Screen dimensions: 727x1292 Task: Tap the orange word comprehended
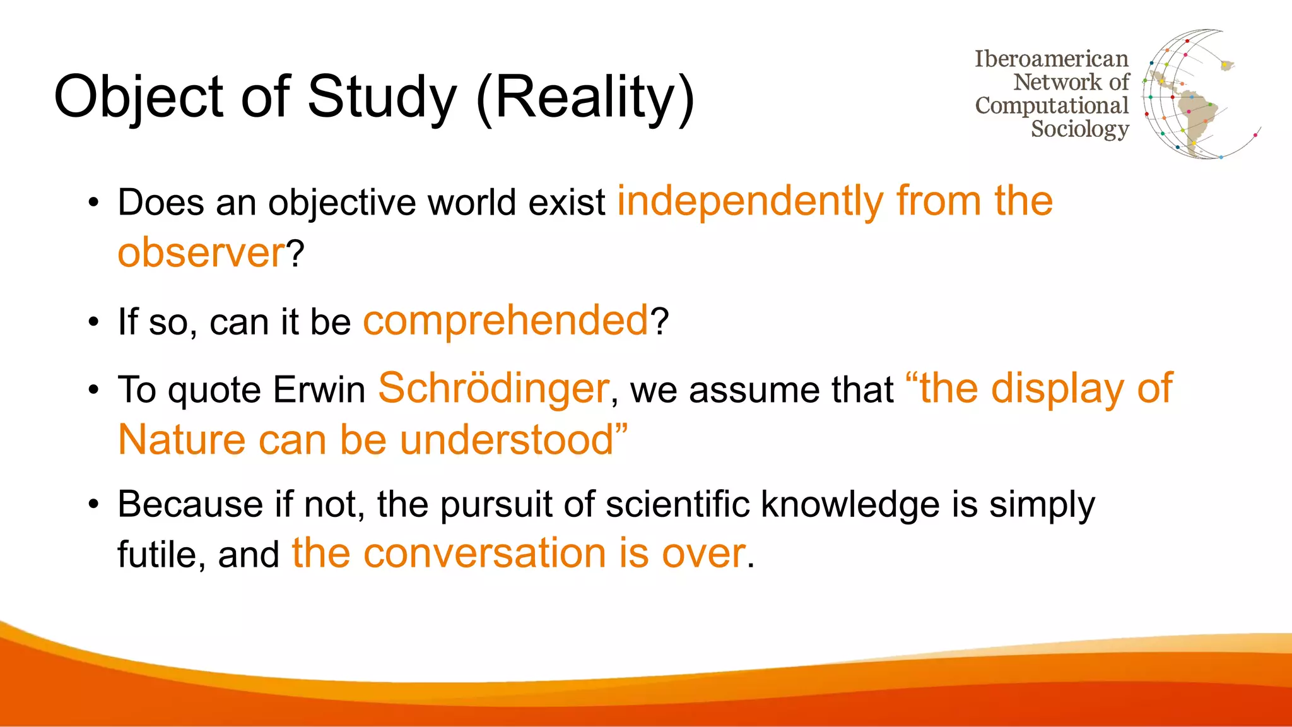click(x=505, y=321)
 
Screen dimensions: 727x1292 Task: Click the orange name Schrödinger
click(x=493, y=388)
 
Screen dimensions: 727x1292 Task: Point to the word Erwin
click(x=319, y=389)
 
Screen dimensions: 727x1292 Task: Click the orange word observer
click(x=201, y=252)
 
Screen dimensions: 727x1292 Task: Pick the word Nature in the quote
click(x=181, y=440)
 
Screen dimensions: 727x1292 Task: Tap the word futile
click(x=156, y=555)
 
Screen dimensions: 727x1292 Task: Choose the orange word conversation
click(x=485, y=553)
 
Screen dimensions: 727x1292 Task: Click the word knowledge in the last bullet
click(x=850, y=505)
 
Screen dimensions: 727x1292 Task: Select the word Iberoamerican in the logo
click(x=1051, y=59)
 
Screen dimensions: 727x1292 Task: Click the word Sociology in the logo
click(x=1079, y=129)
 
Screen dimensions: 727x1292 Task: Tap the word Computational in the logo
click(x=1051, y=105)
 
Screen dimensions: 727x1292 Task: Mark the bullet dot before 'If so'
click(x=94, y=322)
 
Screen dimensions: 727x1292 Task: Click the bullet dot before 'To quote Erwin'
click(x=94, y=389)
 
